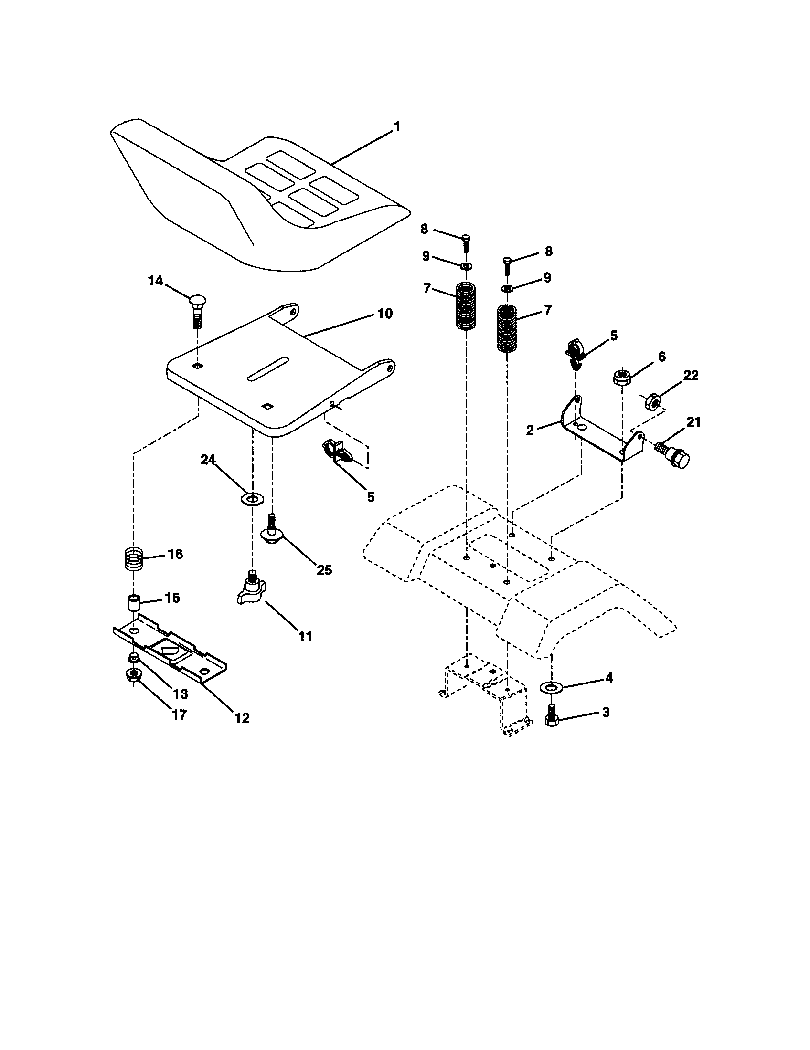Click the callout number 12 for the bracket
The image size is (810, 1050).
click(242, 718)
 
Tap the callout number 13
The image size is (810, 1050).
click(181, 694)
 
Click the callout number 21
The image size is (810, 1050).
click(693, 422)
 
